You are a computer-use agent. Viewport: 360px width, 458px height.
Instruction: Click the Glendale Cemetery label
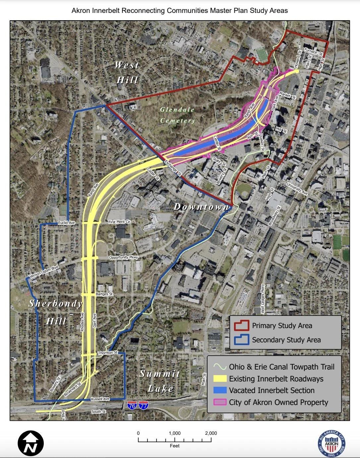coord(178,115)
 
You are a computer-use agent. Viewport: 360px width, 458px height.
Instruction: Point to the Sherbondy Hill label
coord(56,312)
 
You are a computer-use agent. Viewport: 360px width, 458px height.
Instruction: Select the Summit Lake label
coord(160,381)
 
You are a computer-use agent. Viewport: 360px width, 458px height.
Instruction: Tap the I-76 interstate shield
coord(132,405)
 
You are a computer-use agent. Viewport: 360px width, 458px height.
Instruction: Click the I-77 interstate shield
coord(144,405)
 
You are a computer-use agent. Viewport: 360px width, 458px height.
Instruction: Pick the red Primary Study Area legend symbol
coord(241,325)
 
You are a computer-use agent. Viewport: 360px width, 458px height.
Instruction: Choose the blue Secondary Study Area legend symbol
coord(241,340)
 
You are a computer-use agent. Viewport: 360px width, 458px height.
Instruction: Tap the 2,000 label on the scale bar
coord(211,433)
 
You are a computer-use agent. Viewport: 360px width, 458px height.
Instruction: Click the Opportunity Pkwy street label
coord(123,258)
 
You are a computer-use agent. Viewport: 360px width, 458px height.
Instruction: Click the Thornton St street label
coord(108,353)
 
